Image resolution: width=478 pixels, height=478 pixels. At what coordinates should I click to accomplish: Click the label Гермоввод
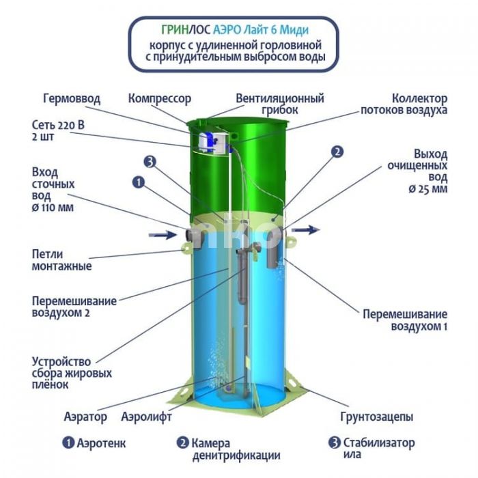72,99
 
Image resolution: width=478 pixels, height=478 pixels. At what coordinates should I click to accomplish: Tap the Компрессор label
160,99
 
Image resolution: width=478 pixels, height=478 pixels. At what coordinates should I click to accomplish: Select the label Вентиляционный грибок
280,104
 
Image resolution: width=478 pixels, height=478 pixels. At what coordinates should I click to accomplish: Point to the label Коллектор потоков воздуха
404,104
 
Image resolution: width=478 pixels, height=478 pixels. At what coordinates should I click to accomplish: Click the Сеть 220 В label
58,125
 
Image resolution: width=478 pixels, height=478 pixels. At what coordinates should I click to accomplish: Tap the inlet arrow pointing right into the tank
163,235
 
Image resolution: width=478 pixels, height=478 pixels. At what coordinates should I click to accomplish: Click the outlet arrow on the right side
306,229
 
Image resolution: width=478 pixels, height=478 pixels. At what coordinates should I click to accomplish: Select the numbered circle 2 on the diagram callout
337,152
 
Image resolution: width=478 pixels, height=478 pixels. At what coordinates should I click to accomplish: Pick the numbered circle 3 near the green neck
150,162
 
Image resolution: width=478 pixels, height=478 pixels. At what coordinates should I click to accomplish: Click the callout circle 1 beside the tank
139,182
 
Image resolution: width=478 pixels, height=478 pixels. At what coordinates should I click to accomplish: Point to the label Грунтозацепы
377,417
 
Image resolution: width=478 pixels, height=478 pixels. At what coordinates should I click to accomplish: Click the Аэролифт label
146,417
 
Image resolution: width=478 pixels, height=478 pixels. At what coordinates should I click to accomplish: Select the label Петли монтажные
62,260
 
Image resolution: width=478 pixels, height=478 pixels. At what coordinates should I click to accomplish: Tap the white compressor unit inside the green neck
208,141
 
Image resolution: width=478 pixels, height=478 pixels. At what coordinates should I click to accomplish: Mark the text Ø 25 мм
428,189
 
